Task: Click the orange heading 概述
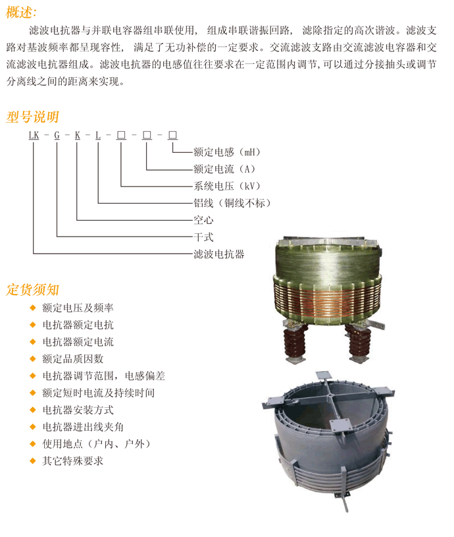point(21,13)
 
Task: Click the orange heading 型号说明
point(32,117)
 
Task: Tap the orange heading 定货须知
point(32,290)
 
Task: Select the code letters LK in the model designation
point(34,135)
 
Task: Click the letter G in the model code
point(57,135)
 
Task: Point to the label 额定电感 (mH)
point(227,152)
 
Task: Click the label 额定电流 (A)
point(224,169)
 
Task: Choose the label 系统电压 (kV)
point(227,186)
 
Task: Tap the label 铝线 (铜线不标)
point(232,203)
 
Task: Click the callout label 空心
point(203,220)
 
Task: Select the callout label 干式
point(203,237)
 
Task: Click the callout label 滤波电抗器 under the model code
point(219,254)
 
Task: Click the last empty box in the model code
point(172,135)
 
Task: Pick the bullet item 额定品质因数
point(73,359)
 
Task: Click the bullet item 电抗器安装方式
point(78,410)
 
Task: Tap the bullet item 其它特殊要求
point(73,461)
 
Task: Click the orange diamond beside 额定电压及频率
point(33,308)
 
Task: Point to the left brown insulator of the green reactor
point(294,343)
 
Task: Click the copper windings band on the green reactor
point(328,298)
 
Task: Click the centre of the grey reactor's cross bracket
point(330,395)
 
